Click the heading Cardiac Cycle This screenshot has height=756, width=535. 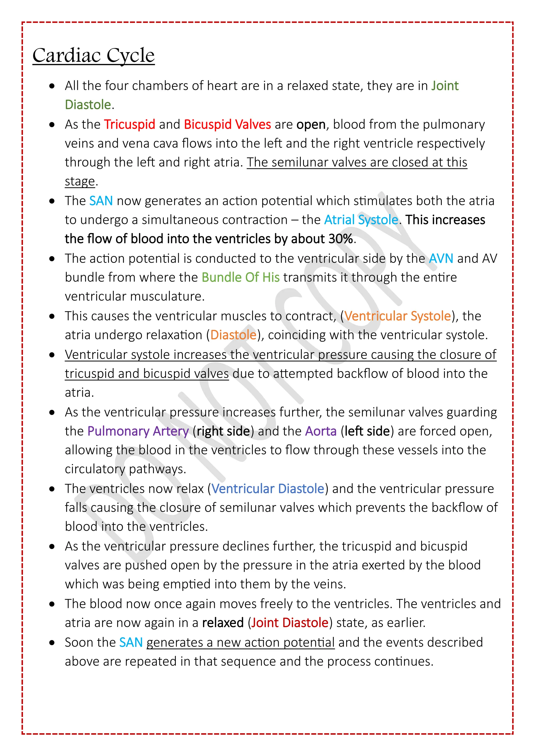click(94, 55)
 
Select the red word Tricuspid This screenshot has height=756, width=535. click(130, 125)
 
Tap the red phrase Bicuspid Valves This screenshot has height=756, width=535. click(227, 125)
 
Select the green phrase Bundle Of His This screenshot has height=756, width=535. click(241, 277)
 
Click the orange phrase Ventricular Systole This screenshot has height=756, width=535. click(398, 316)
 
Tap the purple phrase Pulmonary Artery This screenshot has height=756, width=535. click(138, 431)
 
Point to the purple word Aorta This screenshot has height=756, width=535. click(321, 431)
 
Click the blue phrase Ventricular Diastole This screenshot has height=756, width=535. click(268, 489)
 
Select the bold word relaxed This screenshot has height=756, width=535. click(223, 623)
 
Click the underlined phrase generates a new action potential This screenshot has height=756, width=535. click(241, 642)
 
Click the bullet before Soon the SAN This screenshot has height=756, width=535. click(52, 643)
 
